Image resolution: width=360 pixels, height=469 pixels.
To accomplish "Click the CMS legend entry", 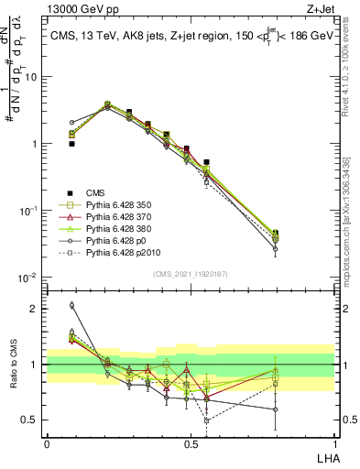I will (96, 192).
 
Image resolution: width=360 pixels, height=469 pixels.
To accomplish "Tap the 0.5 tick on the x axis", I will (190, 443).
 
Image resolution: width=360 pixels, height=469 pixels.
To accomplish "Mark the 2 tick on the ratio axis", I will (35, 309).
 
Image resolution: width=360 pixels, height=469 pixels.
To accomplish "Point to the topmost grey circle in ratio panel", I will (71, 305).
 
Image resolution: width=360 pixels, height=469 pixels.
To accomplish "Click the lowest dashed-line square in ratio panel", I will (207, 420).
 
